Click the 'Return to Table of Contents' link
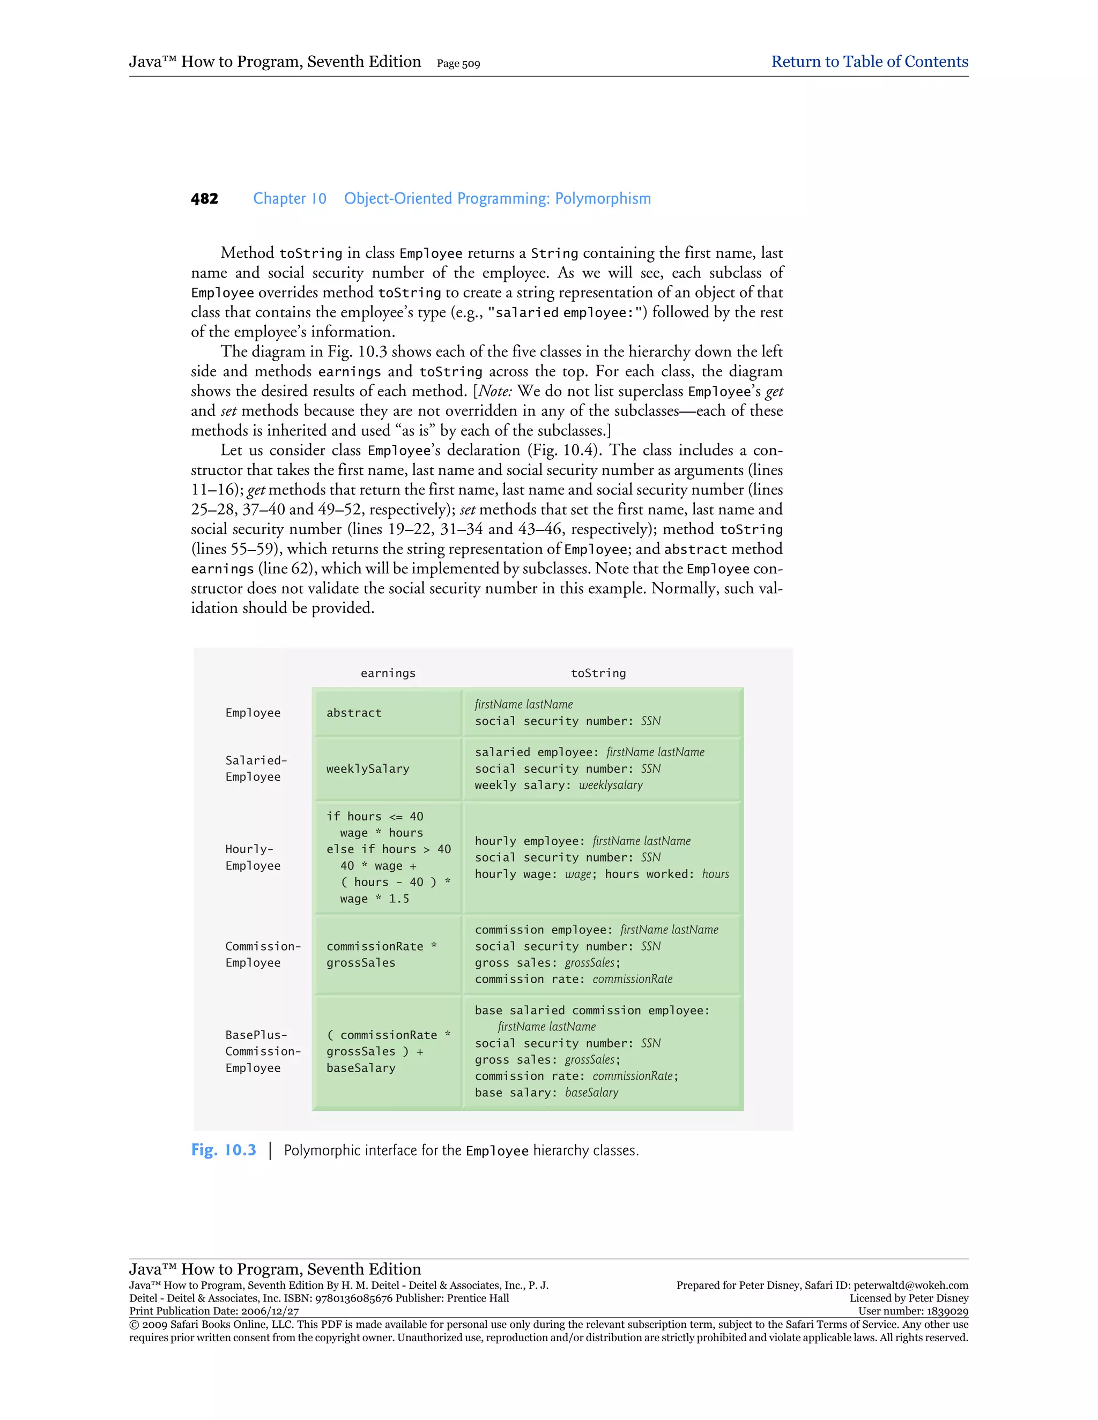pos(869,62)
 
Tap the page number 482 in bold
pos(204,199)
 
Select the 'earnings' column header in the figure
pos(388,674)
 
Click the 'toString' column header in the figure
pos(598,674)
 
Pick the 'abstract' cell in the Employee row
pos(354,713)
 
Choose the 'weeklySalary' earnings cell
pos(367,769)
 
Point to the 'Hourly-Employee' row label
pos(253,857)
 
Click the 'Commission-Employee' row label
pos(262,954)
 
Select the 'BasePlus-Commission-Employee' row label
pos(262,1051)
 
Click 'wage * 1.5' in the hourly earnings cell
pos(374,899)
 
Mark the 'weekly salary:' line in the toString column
pos(558,786)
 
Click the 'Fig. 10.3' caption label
pos(224,1150)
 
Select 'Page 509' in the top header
pos(458,64)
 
